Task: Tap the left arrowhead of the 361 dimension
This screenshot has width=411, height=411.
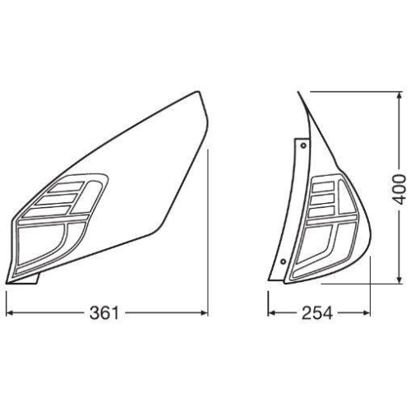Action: point(11,312)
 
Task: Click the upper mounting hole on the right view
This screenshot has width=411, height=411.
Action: point(304,145)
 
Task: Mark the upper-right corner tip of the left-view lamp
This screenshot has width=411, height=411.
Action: point(200,92)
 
